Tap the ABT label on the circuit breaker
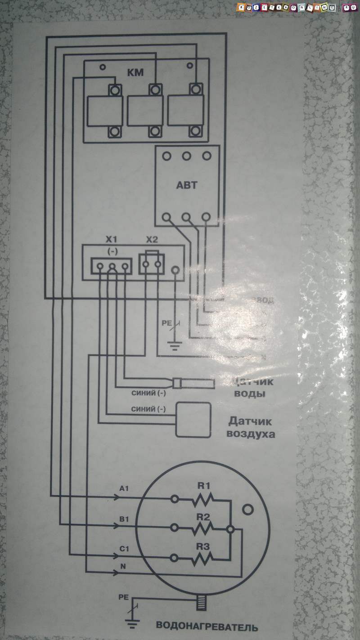(x=186, y=185)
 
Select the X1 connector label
(x=111, y=239)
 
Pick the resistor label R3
(x=203, y=546)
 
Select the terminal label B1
(x=125, y=519)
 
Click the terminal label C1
(x=125, y=549)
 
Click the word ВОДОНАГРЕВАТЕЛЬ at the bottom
(x=207, y=627)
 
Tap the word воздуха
(x=251, y=435)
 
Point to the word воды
(x=249, y=394)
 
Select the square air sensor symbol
(x=193, y=419)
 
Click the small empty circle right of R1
(x=247, y=510)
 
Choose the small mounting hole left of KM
(x=103, y=67)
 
